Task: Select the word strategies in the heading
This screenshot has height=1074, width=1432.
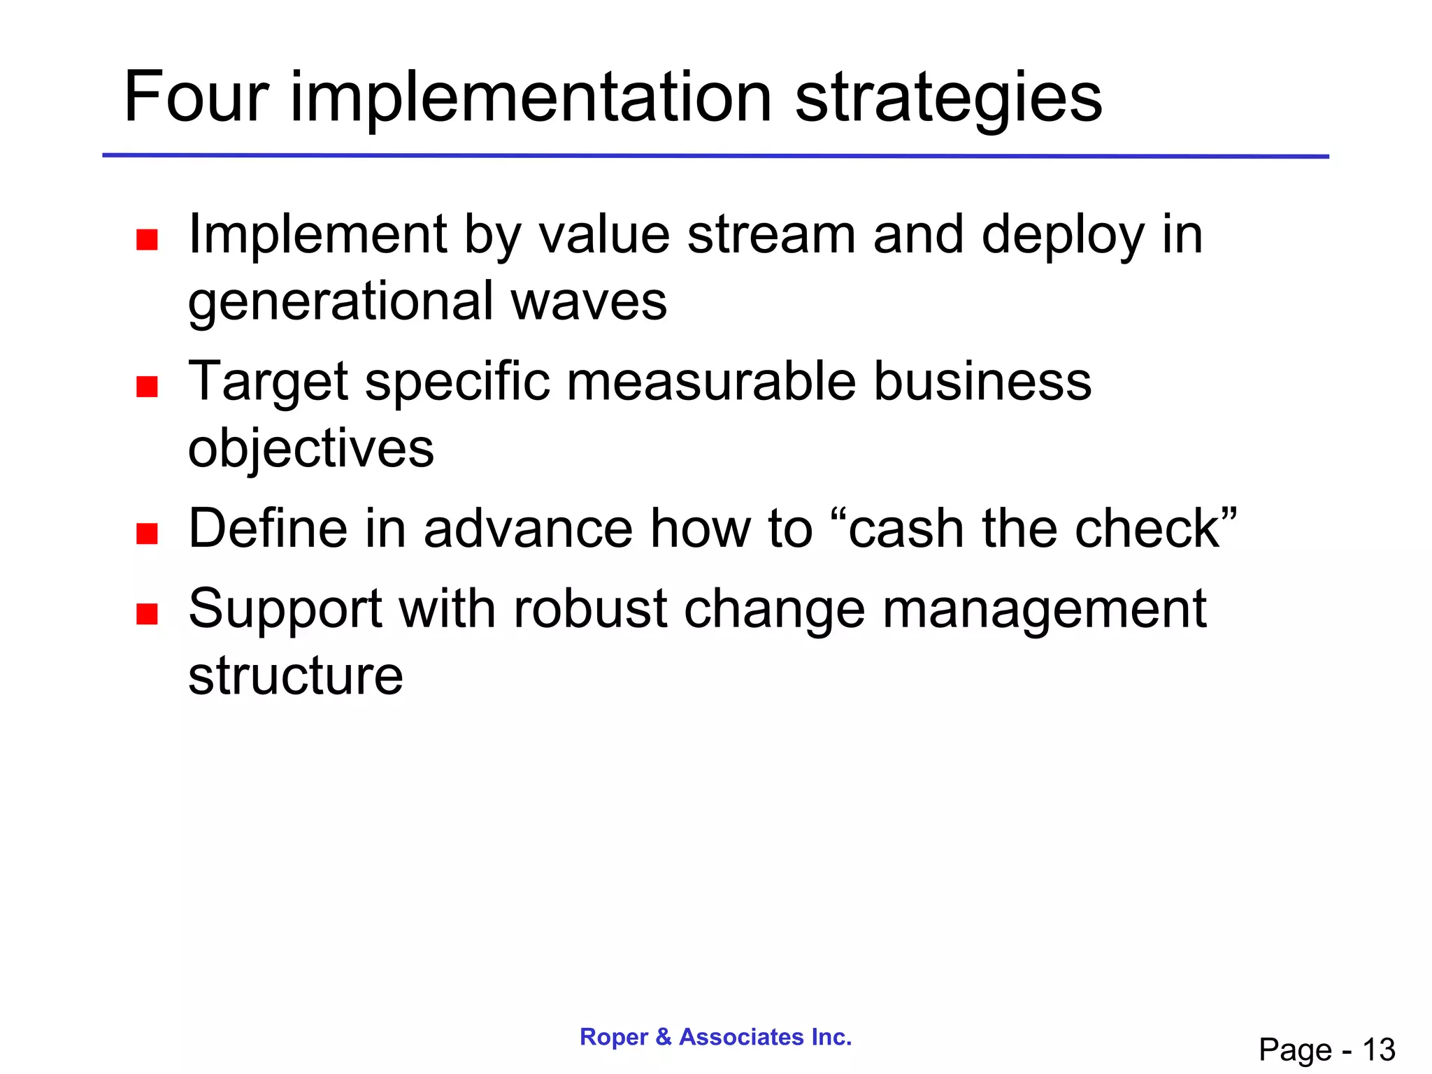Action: (948, 99)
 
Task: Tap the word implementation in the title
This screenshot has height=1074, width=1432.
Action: (531, 99)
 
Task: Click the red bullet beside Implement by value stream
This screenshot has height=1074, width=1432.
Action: (147, 240)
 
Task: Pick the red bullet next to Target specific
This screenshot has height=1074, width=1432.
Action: (147, 387)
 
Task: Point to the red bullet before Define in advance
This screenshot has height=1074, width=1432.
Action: (147, 534)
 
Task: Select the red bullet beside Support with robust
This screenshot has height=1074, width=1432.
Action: (147, 614)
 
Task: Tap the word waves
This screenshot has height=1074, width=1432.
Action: (589, 302)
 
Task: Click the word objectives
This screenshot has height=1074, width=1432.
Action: (311, 449)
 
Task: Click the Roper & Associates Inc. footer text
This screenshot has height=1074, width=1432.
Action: (716, 1036)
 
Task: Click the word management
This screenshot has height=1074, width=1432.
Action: (1045, 610)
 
